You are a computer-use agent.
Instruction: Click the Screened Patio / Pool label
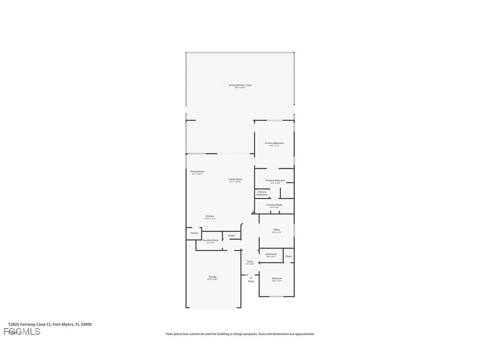point(240,85)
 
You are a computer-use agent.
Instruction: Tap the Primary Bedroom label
point(274,143)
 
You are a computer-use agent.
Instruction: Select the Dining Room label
point(197,172)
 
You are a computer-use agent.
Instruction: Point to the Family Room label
point(235,180)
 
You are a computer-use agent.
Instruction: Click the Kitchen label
point(210,217)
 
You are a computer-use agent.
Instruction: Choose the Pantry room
point(194,233)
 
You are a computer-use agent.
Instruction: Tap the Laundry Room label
point(210,241)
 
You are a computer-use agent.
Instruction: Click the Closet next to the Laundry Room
point(232,236)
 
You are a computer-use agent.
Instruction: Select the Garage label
point(213,277)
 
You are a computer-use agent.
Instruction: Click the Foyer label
point(250,262)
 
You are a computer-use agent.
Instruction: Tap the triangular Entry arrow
point(251,277)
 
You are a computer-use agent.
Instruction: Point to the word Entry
point(251,281)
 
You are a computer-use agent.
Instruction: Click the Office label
point(277,230)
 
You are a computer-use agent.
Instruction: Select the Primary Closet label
point(274,205)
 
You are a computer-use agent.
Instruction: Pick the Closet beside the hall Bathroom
point(289,256)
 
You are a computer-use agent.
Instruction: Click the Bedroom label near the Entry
point(277,279)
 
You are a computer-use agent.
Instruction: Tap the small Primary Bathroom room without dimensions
point(262,193)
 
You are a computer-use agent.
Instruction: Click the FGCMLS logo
point(22,332)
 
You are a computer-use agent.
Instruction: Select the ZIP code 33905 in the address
point(86,324)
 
